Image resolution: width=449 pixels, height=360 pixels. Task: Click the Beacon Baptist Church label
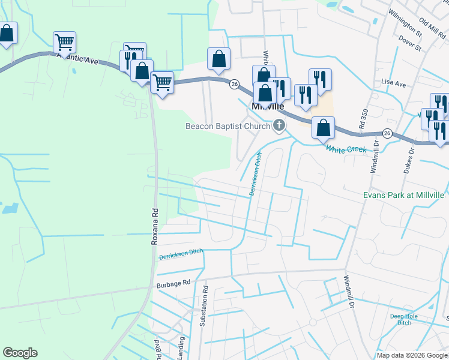(228, 126)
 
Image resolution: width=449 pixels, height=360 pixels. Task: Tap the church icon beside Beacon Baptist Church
(279, 125)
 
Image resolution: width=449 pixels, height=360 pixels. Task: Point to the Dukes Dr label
(412, 159)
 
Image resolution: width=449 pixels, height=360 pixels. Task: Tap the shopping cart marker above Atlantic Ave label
(64, 43)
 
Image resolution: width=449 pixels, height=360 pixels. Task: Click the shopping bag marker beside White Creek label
(324, 127)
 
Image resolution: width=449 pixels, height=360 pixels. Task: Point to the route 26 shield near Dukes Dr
(388, 133)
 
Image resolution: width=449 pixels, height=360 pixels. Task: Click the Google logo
(20, 353)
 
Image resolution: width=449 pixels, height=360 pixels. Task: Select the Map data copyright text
(412, 355)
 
